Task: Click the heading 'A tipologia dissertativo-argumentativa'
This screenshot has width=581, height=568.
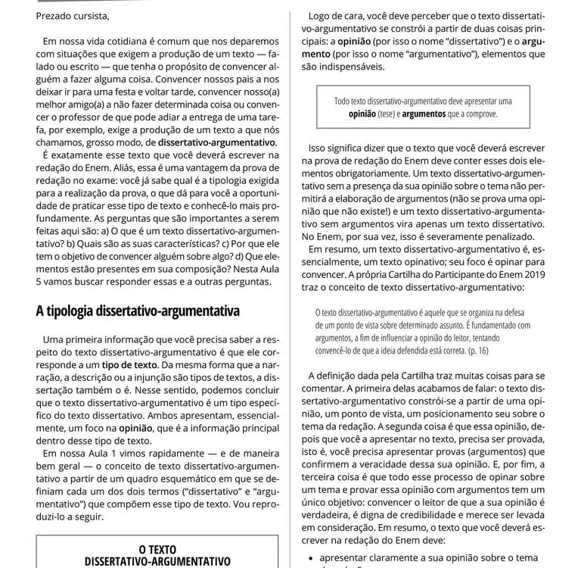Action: tap(138, 311)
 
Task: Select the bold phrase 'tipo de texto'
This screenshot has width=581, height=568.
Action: tap(130, 364)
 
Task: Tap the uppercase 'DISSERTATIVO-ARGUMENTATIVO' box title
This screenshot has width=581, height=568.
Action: tap(157, 561)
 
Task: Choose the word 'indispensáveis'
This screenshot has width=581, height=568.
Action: tap(346, 67)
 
